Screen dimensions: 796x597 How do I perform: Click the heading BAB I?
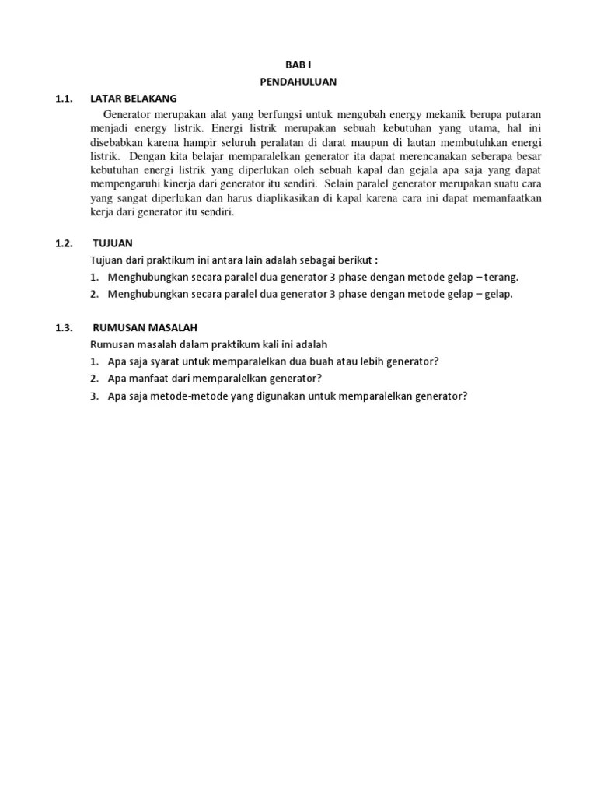[x=298, y=66]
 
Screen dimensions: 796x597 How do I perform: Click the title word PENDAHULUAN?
[x=298, y=81]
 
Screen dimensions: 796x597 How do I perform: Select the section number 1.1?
[x=63, y=98]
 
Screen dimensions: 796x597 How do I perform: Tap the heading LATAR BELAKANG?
[x=134, y=98]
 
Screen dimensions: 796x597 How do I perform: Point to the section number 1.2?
[x=63, y=243]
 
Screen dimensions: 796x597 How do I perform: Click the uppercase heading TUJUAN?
[x=113, y=243]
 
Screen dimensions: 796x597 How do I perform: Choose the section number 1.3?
[x=63, y=327]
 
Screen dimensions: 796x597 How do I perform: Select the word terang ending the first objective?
[x=502, y=277]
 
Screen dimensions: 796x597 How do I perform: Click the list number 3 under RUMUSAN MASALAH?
[x=93, y=396]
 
